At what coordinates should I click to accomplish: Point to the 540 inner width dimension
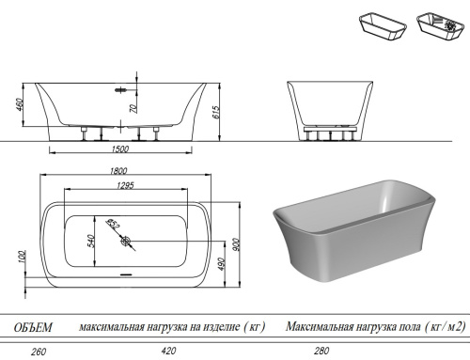coord(90,241)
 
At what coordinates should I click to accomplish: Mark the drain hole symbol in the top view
coord(125,241)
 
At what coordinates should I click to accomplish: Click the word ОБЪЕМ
coord(33,327)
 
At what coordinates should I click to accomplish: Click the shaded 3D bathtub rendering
coord(352,235)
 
